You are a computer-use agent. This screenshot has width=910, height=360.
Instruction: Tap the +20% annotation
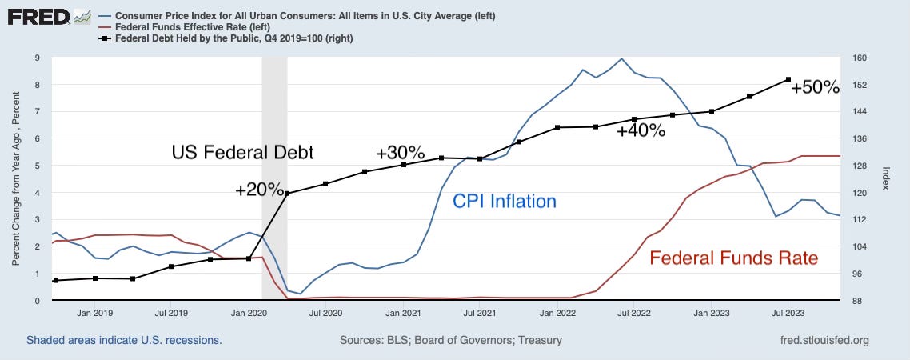pyautogui.click(x=259, y=190)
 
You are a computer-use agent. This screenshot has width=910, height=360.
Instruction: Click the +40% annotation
pyautogui.click(x=641, y=131)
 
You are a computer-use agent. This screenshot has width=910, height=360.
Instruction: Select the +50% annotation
pyautogui.click(x=815, y=87)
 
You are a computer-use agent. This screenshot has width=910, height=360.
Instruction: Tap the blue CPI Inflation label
pyautogui.click(x=504, y=202)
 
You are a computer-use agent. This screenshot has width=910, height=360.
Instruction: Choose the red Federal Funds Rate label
pyautogui.click(x=733, y=258)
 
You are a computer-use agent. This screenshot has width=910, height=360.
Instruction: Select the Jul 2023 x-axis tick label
pyautogui.click(x=788, y=314)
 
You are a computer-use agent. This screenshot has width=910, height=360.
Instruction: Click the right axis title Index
pyautogui.click(x=886, y=179)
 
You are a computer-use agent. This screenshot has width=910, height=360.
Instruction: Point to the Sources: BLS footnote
pyautogui.click(x=451, y=340)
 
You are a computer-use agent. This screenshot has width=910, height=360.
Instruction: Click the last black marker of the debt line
pyautogui.click(x=788, y=79)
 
